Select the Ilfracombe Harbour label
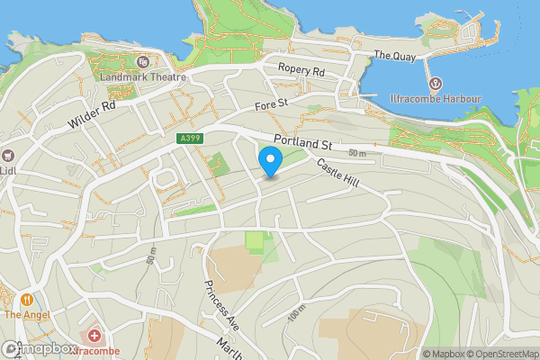436,99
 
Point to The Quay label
394,55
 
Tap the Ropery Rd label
301,70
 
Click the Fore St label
270,104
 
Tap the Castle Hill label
337,173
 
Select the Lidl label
8,170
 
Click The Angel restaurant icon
28,299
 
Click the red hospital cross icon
94,335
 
